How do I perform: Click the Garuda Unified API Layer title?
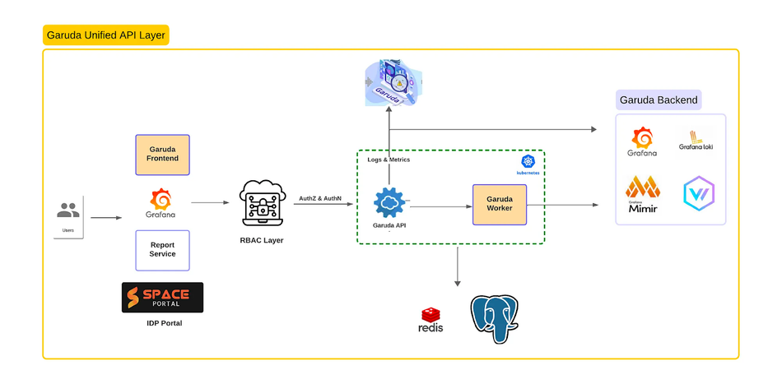105,35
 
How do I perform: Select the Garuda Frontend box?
162,154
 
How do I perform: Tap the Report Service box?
162,250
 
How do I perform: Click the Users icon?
68,211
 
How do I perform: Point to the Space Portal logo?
162,297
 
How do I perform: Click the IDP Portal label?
162,323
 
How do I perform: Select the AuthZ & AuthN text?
320,199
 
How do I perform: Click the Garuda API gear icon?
390,202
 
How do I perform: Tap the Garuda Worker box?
499,205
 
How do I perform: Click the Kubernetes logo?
528,162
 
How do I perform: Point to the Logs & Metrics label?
389,160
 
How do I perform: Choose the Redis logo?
431,319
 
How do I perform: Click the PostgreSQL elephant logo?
494,319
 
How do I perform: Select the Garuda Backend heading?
658,100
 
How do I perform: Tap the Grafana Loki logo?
696,141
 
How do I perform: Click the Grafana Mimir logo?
643,195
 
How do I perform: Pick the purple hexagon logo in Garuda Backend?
699,193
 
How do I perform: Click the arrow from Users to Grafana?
105,218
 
